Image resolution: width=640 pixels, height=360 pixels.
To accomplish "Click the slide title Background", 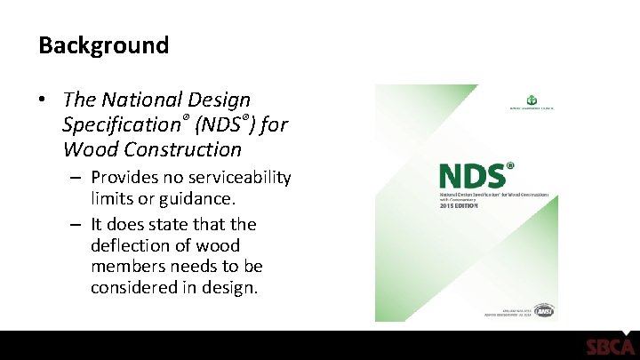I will coord(103,45).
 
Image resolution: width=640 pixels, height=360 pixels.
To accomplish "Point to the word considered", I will coord(133,288).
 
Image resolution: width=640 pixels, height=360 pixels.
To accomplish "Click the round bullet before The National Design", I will coord(44,101).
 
